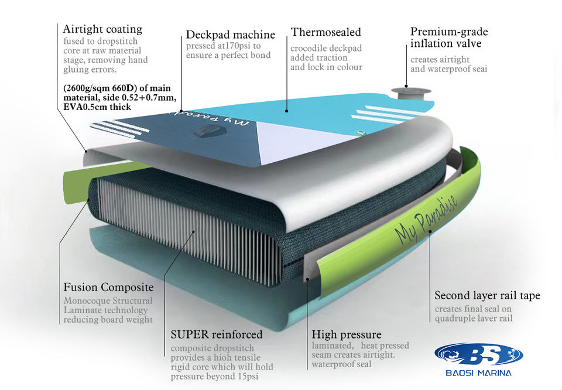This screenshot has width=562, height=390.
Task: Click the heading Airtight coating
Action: point(102,29)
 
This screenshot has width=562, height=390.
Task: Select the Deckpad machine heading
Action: point(231,35)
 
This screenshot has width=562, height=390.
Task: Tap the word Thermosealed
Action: point(326,32)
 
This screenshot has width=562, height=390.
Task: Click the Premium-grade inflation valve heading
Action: point(449,38)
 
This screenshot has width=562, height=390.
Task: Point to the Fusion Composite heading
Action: point(108,288)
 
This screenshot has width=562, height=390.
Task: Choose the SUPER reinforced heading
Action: point(217,335)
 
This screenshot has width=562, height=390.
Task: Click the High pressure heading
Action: point(347,335)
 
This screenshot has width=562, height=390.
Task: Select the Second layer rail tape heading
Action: point(487,296)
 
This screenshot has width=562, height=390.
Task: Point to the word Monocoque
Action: point(86,301)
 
